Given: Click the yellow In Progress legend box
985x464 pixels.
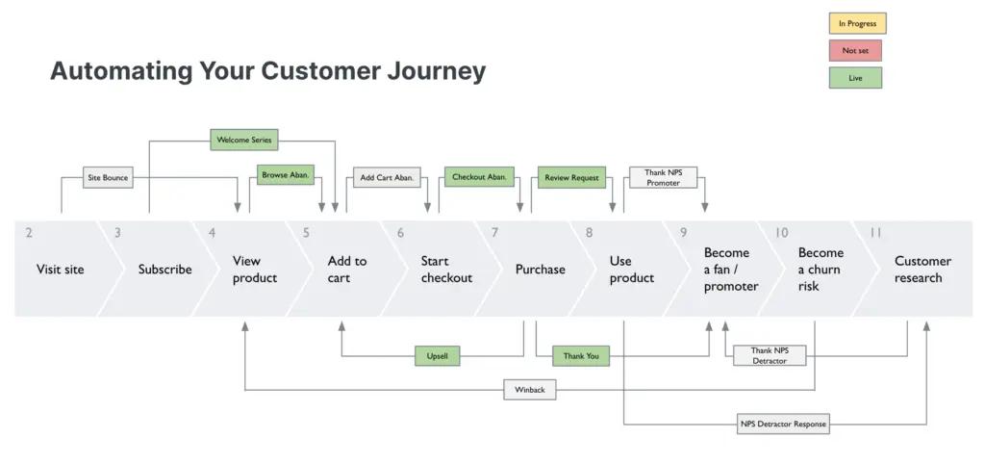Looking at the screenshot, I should click(x=857, y=23).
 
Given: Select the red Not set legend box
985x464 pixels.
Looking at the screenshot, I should click(x=855, y=50).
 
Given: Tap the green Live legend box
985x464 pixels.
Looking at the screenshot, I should click(x=855, y=78).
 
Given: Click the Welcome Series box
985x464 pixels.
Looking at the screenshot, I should click(x=243, y=140).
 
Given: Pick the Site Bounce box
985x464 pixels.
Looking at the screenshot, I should click(x=108, y=177).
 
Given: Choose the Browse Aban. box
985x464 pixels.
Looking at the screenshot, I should click(x=286, y=175).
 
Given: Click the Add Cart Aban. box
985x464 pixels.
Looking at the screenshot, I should click(x=387, y=177).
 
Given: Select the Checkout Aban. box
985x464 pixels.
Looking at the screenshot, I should click(x=479, y=177).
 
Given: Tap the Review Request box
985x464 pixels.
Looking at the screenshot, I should click(x=571, y=177).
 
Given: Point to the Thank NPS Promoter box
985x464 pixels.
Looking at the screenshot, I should click(x=663, y=177).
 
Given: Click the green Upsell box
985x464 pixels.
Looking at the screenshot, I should click(x=437, y=356).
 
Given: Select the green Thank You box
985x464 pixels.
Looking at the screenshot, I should click(x=581, y=356).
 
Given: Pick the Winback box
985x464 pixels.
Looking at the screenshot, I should click(x=529, y=390).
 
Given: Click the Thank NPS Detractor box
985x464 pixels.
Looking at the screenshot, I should click(x=769, y=355).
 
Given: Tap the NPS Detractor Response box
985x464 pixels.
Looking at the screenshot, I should click(x=783, y=424).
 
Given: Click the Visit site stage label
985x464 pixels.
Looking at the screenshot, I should click(x=60, y=270).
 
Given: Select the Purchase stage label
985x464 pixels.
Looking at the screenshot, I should click(x=540, y=270).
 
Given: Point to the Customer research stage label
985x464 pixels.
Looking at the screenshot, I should click(x=922, y=270).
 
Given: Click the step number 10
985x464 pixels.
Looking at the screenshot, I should click(x=781, y=233).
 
